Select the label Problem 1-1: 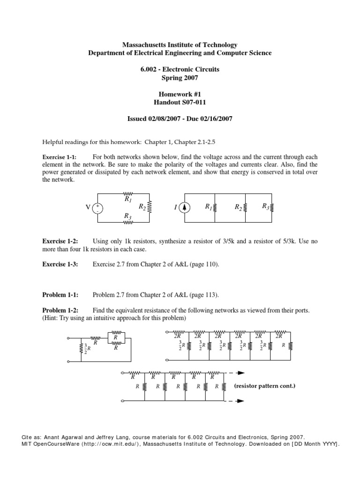(x=60, y=295)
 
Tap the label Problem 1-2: (x=60, y=310)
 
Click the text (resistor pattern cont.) (x=265, y=387)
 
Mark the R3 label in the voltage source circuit (x=127, y=216)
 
